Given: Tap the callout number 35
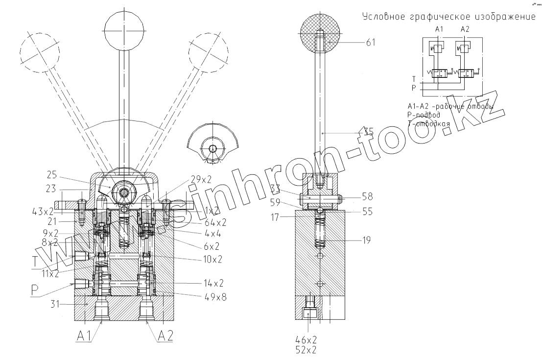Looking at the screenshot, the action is pyautogui.click(x=369, y=131).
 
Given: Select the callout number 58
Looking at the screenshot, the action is pyautogui.click(x=367, y=197).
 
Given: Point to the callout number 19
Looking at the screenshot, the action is pyautogui.click(x=367, y=240).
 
